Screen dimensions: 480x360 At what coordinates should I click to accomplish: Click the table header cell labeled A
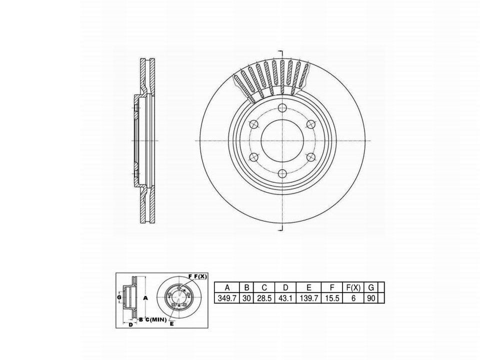pyautogui.click(x=227, y=287)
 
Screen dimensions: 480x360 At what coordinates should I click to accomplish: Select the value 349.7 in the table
pyautogui.click(x=227, y=298)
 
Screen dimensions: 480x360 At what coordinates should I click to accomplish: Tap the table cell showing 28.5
pyautogui.click(x=264, y=298)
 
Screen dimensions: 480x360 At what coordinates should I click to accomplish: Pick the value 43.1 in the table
pyautogui.click(x=285, y=298)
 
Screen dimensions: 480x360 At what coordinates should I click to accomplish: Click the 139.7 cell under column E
pyautogui.click(x=308, y=298)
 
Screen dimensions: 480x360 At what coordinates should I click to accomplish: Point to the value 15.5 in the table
pyautogui.click(x=332, y=298)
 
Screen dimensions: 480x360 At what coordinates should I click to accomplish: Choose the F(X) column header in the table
pyautogui.click(x=353, y=287)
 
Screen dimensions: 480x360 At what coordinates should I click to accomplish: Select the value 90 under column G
pyautogui.click(x=370, y=298)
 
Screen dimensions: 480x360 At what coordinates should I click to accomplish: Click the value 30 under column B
pyautogui.click(x=246, y=298)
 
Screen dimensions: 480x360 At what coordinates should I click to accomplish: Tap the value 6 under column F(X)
pyautogui.click(x=353, y=298)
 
